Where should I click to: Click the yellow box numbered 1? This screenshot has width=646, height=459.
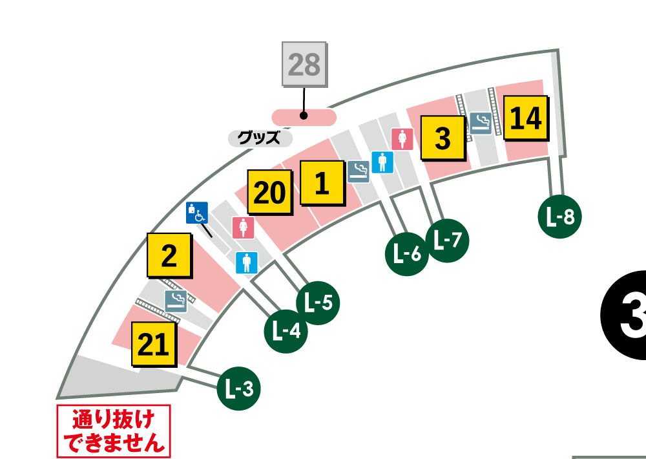click(321, 184)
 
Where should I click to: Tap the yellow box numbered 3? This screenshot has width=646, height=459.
click(443, 138)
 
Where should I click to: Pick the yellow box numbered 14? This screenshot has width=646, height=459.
click(525, 118)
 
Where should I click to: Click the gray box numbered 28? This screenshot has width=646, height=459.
click(304, 65)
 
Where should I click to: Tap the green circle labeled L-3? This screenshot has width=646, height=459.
click(239, 389)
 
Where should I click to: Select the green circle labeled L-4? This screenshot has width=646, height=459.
click(286, 330)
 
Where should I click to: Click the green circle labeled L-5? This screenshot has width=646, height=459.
click(317, 302)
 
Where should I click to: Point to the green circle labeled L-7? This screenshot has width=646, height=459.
click(448, 240)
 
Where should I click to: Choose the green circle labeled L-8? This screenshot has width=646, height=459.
click(560, 217)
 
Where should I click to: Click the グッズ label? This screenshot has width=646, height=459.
click(260, 138)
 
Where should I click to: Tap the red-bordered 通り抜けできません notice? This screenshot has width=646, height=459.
click(114, 431)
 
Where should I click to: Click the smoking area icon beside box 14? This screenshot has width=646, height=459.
click(480, 123)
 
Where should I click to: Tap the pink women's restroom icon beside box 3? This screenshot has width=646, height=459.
click(402, 139)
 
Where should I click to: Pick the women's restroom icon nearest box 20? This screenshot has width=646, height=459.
click(243, 228)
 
